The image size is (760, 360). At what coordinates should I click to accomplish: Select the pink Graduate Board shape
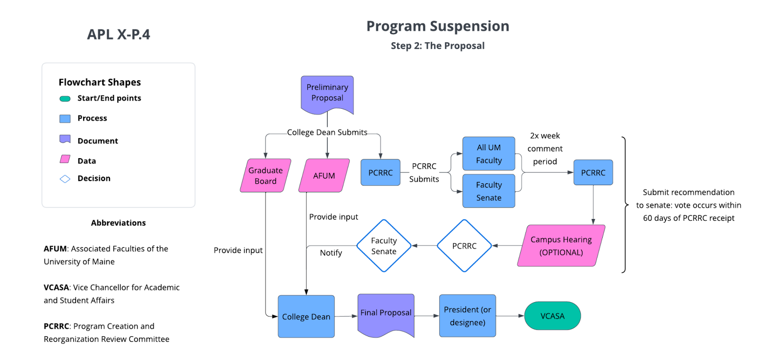(x=266, y=175)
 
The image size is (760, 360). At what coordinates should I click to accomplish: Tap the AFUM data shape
(x=324, y=175)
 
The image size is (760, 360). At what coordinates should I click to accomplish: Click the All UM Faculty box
(x=489, y=153)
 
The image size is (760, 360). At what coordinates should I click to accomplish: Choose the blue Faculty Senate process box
(x=489, y=191)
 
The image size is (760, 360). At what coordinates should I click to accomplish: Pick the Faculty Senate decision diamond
(x=384, y=246)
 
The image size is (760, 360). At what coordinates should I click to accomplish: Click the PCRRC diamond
(x=464, y=246)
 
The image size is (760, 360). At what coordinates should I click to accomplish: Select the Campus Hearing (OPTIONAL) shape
(x=561, y=246)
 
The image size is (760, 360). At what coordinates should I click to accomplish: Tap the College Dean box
(x=306, y=316)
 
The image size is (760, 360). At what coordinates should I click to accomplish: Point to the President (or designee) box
(x=467, y=316)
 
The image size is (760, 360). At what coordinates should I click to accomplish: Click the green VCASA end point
(x=552, y=316)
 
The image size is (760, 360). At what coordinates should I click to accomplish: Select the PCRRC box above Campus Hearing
(x=593, y=172)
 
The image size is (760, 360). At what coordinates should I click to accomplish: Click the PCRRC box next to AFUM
(x=380, y=172)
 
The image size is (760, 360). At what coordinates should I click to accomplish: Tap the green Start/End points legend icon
(x=65, y=99)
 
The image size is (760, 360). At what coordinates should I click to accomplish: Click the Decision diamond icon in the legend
(x=65, y=179)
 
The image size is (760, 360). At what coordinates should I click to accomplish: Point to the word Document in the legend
(x=97, y=141)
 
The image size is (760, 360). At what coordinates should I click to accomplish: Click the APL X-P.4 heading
(x=119, y=35)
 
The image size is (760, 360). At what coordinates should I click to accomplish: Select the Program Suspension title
(x=437, y=26)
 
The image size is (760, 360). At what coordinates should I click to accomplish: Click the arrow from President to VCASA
(x=510, y=316)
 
